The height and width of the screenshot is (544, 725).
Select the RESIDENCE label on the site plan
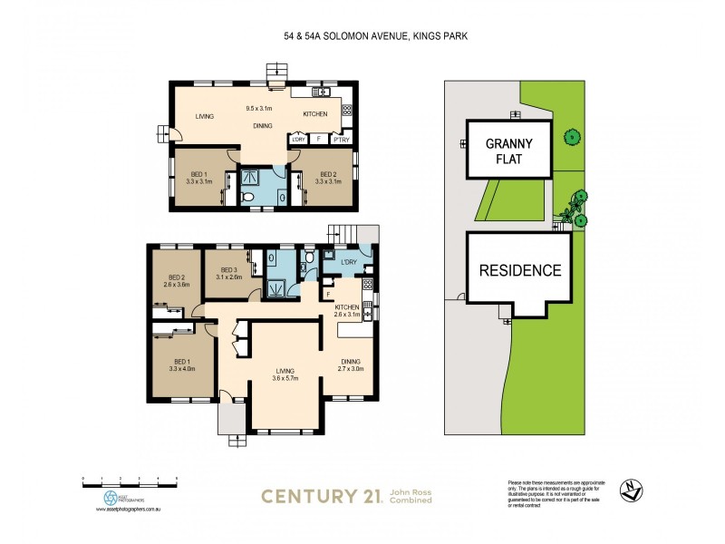(x=519, y=270)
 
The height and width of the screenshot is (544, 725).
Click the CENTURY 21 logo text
(x=321, y=495)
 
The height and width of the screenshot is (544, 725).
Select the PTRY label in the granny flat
(x=342, y=139)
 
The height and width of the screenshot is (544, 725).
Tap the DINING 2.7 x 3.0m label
(x=351, y=365)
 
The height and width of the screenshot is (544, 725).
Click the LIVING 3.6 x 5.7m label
(x=285, y=374)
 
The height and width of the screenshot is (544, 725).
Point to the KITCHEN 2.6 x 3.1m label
(x=348, y=312)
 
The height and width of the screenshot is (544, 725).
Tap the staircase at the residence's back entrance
(x=343, y=234)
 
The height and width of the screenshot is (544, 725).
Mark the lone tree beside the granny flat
(x=570, y=138)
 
